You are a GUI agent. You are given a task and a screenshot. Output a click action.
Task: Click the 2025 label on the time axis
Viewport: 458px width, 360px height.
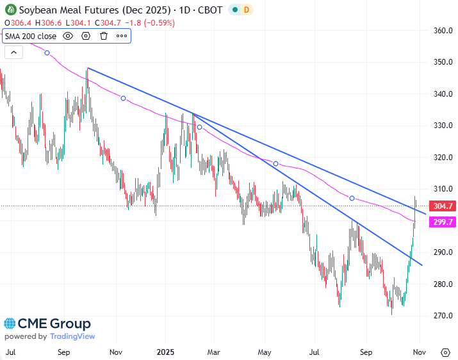tap(165, 352)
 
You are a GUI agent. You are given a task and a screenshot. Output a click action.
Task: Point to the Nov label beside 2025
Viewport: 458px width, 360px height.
tap(115, 352)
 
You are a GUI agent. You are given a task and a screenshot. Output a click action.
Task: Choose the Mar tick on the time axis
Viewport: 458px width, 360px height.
tap(215, 352)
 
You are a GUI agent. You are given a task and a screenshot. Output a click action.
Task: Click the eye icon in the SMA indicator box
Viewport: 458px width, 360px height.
tap(68, 36)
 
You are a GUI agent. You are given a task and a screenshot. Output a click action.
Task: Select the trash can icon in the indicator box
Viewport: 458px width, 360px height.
tap(104, 36)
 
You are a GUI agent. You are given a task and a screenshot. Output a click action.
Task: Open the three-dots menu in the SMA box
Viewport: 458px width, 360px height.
tap(121, 36)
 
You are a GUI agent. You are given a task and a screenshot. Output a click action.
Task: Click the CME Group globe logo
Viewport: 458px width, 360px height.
tap(11, 323)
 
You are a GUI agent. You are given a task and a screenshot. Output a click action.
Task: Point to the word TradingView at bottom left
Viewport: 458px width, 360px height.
tap(72, 336)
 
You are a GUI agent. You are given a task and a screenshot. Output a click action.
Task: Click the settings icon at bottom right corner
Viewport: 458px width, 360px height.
tap(445, 352)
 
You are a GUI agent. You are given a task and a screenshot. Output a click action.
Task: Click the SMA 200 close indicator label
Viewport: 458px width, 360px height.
tap(31, 36)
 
